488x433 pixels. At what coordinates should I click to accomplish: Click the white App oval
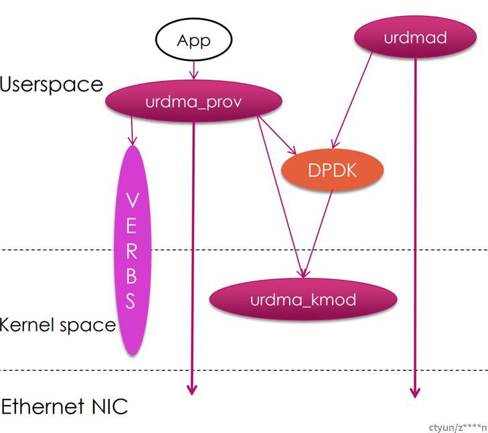[x=193, y=40]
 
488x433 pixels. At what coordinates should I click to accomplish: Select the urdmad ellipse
[x=415, y=37]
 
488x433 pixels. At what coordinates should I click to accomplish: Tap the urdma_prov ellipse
[x=193, y=102]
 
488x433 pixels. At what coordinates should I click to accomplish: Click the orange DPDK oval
[x=333, y=170]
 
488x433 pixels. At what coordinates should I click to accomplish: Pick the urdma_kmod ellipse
[x=303, y=299]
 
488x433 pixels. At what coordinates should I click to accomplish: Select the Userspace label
[x=52, y=84]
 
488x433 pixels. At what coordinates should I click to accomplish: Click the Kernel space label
[x=58, y=325]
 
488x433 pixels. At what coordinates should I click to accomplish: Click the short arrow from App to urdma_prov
[x=193, y=70]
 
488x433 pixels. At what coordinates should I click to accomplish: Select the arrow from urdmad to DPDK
[x=353, y=100]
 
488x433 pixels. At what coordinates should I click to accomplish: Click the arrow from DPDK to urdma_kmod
[x=318, y=231]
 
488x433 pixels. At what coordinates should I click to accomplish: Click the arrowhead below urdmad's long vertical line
[x=415, y=391]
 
